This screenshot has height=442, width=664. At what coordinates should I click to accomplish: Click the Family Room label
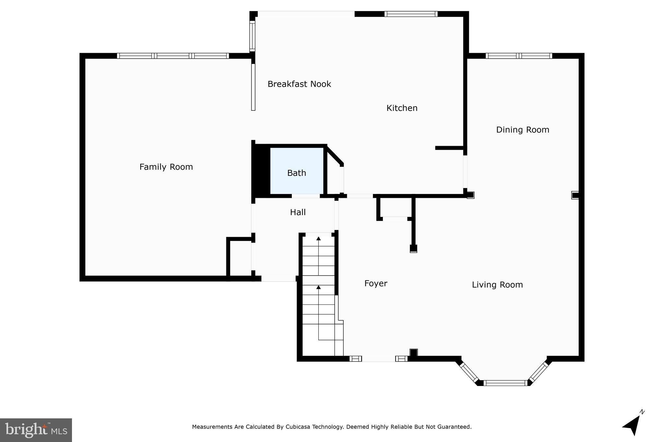pos(166,167)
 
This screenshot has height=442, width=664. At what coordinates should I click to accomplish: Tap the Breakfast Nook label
pos(299,84)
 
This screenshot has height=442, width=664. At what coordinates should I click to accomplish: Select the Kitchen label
pos(402,108)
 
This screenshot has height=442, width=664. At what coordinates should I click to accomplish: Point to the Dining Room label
pos(522,130)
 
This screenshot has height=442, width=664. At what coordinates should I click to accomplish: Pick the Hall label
pos(298,212)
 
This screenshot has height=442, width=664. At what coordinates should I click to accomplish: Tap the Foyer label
pos(375,284)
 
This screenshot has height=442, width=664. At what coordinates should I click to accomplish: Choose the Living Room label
pos(497,285)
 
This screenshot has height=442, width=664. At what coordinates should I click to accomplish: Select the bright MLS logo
pos(36,430)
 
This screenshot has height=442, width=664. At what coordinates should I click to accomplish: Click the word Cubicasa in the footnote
pos(298,427)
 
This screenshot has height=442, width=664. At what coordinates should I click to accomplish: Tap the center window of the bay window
pos(505,383)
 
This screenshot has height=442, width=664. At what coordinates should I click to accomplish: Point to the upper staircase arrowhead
pos(318,239)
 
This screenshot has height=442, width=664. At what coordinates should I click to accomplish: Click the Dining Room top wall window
pos(519,56)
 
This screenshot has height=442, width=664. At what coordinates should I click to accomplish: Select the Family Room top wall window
pos(173,56)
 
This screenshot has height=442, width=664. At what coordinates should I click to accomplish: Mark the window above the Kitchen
pos(411,14)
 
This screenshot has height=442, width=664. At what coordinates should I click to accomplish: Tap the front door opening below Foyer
pos(378,359)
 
